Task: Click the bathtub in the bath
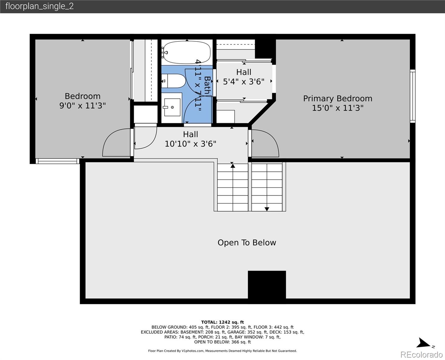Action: [x=187, y=52]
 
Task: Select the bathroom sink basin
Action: [x=172, y=107]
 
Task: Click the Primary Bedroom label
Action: [x=338, y=98]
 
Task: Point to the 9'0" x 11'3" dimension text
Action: [x=82, y=106]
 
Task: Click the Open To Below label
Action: [x=247, y=242]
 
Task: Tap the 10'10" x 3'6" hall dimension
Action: [x=190, y=144]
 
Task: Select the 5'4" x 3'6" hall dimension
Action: [x=243, y=82]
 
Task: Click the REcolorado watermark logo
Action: [x=422, y=354]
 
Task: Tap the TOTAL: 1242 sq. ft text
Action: [x=222, y=322]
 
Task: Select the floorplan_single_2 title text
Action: [x=40, y=6]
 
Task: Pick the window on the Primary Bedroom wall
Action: [x=412, y=96]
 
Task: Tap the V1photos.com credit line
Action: [x=222, y=351]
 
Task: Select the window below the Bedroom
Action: [x=58, y=161]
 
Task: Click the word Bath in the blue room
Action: [x=207, y=85]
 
